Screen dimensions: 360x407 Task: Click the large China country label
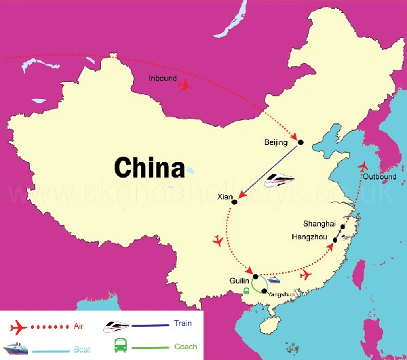pyautogui.click(x=149, y=167)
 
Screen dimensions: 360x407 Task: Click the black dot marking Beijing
pyautogui.click(x=301, y=142)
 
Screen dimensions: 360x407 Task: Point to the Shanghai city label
pyautogui.click(x=321, y=224)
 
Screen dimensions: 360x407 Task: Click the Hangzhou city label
pyautogui.click(x=309, y=238)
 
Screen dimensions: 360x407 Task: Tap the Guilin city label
pyautogui.click(x=239, y=278)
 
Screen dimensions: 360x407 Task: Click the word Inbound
pyautogui.click(x=163, y=79)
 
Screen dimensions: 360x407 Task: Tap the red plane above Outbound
pyautogui.click(x=365, y=166)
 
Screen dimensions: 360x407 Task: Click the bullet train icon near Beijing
pyautogui.click(x=279, y=180)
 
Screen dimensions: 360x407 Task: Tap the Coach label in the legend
pyautogui.click(x=185, y=347)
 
